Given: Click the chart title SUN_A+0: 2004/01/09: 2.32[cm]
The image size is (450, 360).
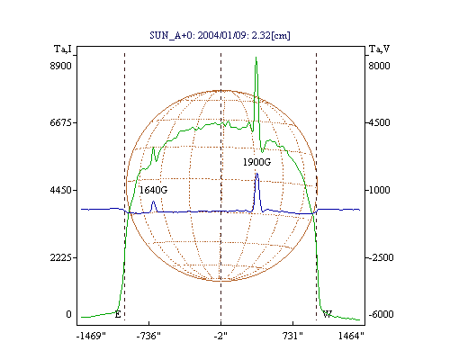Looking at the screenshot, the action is click(x=220, y=35).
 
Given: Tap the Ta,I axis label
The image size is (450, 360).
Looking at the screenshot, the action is click(x=63, y=49).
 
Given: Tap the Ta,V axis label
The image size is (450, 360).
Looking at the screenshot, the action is click(x=379, y=49).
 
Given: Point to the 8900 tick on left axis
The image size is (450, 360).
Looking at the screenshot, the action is click(x=61, y=66).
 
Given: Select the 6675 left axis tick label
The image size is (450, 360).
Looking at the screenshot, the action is click(x=61, y=122).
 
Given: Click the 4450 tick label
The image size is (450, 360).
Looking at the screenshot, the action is click(x=61, y=190).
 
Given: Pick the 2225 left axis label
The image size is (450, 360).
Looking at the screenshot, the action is click(x=61, y=257).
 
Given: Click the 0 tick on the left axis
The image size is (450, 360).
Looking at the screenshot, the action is click(x=68, y=314).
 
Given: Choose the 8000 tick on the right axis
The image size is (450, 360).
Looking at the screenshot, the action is click(x=379, y=66).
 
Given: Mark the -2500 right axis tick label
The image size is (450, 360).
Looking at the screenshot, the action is click(x=381, y=257).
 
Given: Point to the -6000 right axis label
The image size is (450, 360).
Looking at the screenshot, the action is click(x=381, y=314).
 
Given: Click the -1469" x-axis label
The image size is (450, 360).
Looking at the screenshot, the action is click(x=91, y=336).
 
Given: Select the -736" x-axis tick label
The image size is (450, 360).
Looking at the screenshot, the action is click(x=148, y=336).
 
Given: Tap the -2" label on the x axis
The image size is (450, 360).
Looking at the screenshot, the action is click(x=220, y=336).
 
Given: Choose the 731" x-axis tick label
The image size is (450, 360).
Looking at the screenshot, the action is click(x=292, y=336).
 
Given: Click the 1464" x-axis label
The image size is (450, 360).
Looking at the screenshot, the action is click(x=351, y=336).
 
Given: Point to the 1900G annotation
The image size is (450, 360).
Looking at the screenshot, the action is click(x=256, y=162).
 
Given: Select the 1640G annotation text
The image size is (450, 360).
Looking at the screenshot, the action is click(x=153, y=190).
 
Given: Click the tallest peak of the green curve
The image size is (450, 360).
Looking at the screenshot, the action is click(x=256, y=57).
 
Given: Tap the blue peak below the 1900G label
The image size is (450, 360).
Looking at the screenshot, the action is click(x=256, y=174).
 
